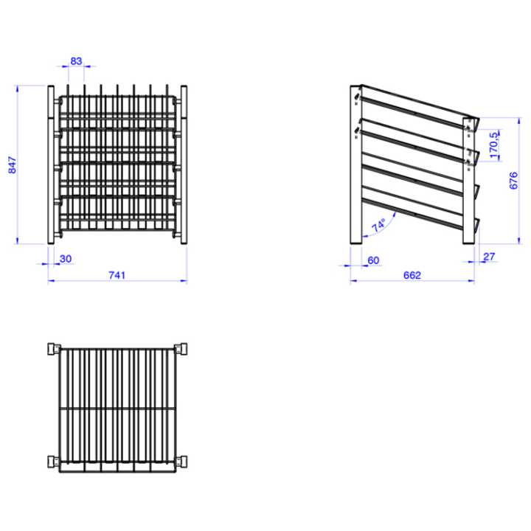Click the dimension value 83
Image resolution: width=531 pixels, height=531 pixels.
[x=76, y=62]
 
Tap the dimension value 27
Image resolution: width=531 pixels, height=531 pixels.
[x=488, y=257]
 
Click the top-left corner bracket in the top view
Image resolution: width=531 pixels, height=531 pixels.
[x=52, y=348]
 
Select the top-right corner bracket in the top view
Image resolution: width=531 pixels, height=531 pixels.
[x=179, y=348]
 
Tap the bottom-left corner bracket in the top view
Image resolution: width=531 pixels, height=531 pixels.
[x=52, y=462]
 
